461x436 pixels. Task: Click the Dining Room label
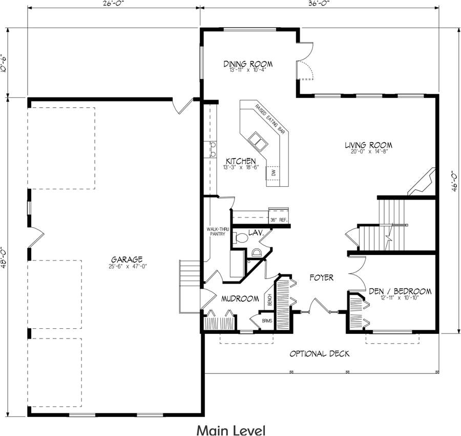coord(247,64)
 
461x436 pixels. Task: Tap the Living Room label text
coord(368,145)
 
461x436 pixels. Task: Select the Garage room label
coord(125,260)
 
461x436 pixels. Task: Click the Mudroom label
coord(240,299)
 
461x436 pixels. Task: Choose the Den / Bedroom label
coord(400,291)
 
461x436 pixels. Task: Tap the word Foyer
coord(322,278)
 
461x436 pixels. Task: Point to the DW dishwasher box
coord(274,173)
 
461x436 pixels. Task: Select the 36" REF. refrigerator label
coord(279,220)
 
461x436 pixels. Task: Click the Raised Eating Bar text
coord(270,120)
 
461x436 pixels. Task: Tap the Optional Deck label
coord(319,354)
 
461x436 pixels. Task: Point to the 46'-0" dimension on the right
coord(453,182)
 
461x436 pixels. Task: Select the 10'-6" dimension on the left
coord(5,64)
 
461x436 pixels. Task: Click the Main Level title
coord(230,429)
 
